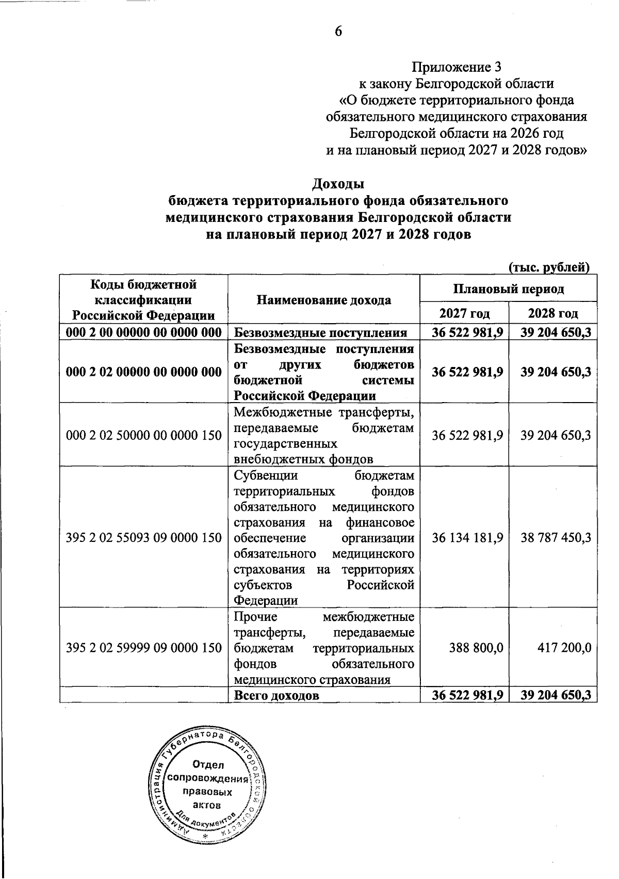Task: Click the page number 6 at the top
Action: (x=338, y=31)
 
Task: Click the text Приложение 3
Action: (x=456, y=67)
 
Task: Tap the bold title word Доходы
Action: (x=338, y=184)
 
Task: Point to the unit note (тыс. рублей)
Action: (x=549, y=267)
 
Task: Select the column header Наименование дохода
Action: (x=323, y=300)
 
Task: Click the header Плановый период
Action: (x=508, y=289)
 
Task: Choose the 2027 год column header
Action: (x=464, y=313)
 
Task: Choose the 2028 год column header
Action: (x=552, y=313)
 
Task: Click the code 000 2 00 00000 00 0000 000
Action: (x=144, y=333)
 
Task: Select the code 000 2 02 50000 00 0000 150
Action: (x=144, y=435)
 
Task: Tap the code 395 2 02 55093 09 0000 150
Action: (x=144, y=537)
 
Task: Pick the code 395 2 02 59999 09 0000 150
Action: (x=144, y=647)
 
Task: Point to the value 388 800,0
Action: (x=475, y=647)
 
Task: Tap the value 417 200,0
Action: (x=563, y=647)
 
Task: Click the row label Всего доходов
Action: (x=276, y=695)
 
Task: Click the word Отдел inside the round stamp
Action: (x=209, y=764)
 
